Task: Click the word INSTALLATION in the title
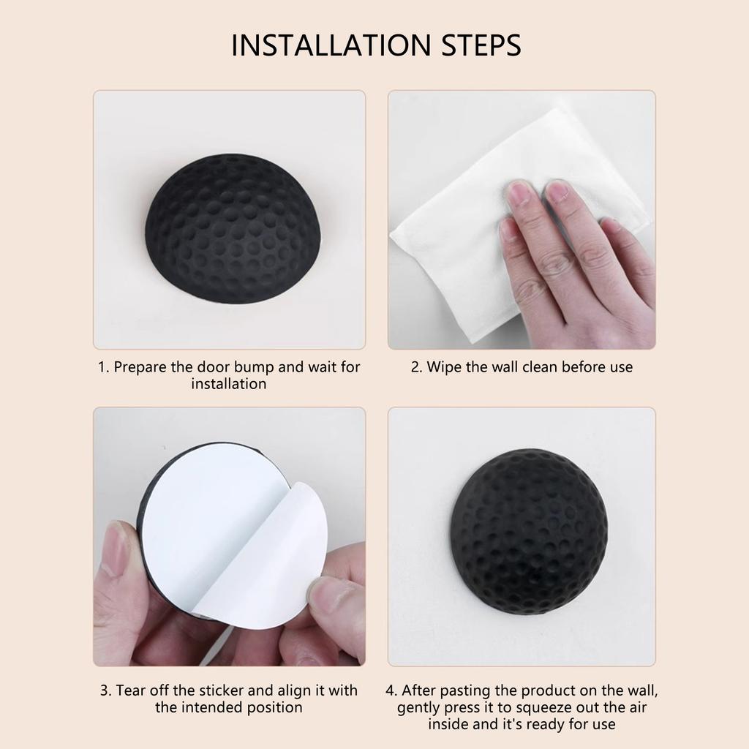click(331, 45)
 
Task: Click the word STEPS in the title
click(481, 45)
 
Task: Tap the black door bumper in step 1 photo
click(232, 228)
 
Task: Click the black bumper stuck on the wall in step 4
click(529, 531)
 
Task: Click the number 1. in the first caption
click(104, 367)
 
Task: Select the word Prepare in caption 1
click(140, 367)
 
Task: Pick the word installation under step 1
click(229, 384)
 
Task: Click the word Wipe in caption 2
click(444, 367)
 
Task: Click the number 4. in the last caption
click(391, 690)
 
